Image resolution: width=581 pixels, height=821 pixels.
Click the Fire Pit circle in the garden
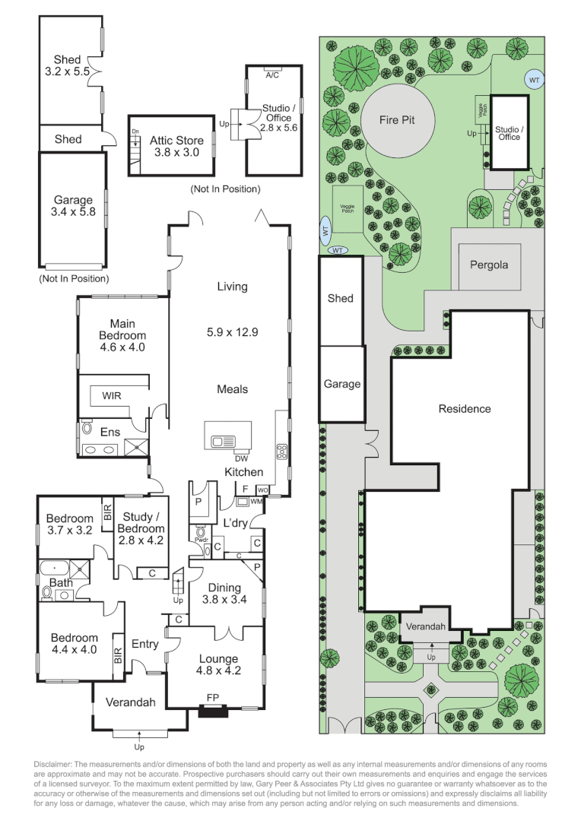[396, 119]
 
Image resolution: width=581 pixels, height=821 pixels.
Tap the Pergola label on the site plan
[488, 266]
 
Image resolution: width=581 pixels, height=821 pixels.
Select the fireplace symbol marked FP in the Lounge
[212, 712]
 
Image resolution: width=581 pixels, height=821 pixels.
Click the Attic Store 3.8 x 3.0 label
[176, 146]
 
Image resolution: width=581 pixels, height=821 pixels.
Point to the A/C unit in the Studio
[271, 75]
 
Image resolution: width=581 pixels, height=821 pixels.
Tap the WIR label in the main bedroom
[112, 396]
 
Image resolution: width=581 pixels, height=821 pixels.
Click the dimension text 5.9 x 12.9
[233, 331]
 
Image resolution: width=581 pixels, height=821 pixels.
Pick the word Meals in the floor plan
[233, 389]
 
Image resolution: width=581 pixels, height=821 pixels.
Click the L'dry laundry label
[236, 523]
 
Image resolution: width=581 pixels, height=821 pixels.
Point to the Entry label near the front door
[144, 644]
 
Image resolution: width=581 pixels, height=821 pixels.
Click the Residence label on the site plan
[465, 409]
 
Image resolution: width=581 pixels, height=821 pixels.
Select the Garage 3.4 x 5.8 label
[73, 206]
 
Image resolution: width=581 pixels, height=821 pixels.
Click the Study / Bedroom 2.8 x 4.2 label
[141, 529]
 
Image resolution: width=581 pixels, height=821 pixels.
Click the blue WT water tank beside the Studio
[534, 79]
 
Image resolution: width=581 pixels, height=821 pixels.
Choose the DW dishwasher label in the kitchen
[241, 458]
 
